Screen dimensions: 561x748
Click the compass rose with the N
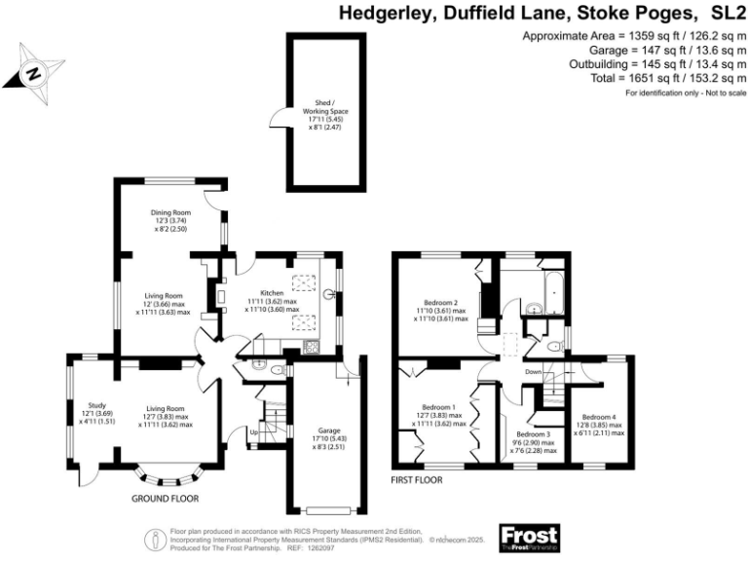34,72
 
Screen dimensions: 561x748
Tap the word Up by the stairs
255,431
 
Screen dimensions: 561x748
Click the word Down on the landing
533,372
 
